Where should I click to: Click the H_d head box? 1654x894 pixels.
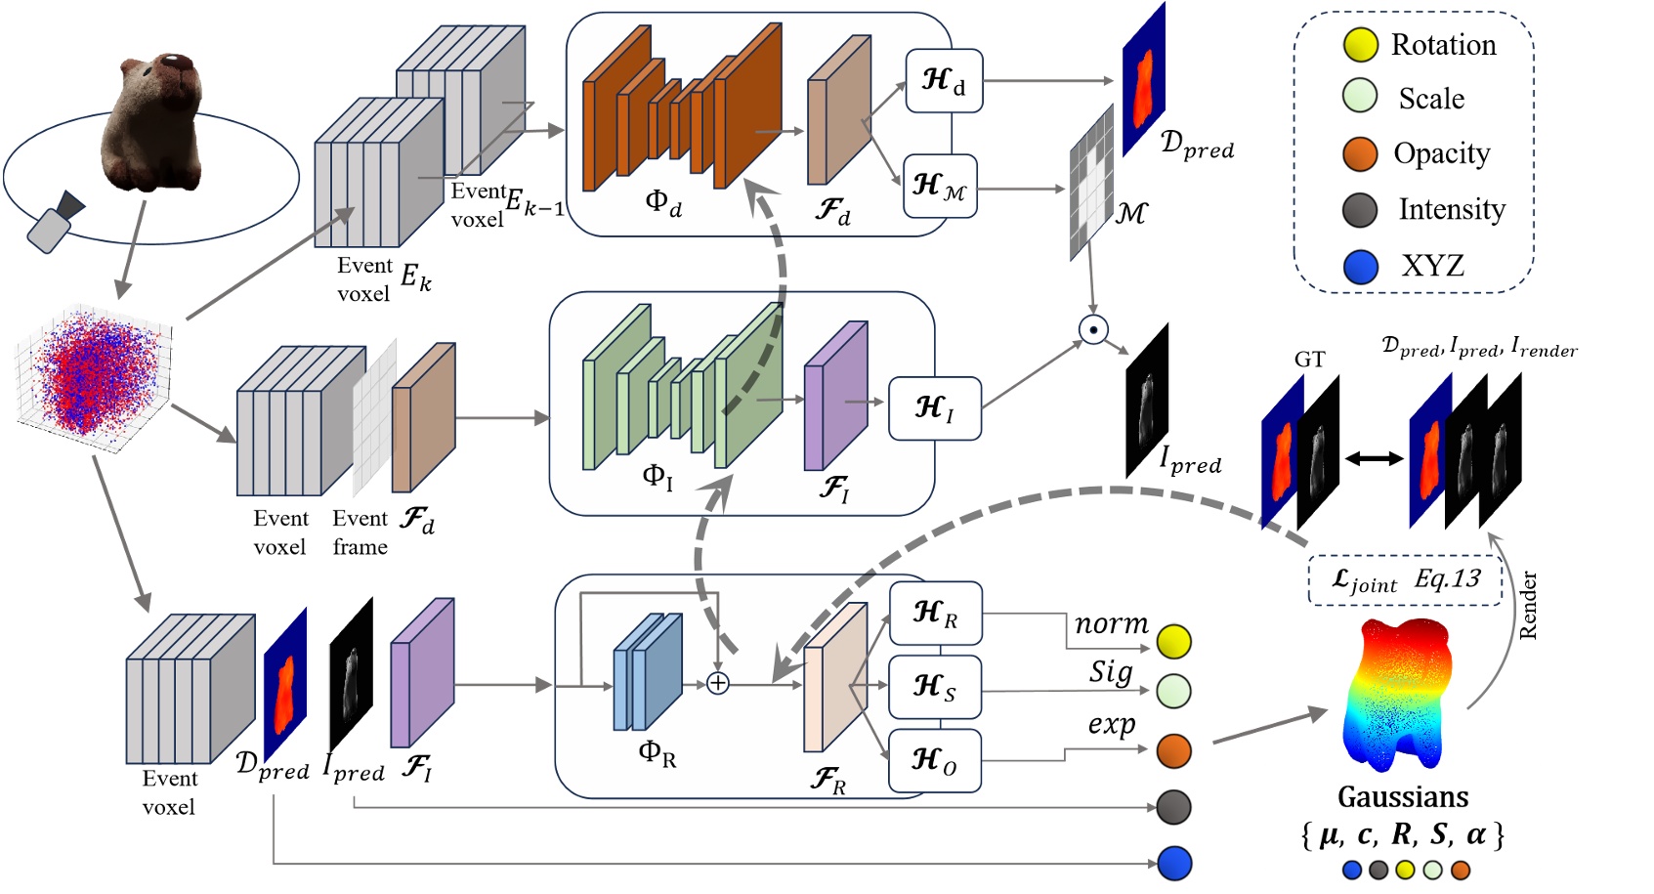943,80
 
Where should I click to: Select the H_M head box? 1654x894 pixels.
939,186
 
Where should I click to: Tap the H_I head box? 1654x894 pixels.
934,408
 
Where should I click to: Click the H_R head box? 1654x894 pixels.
934,614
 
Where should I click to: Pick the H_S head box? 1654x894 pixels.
934,687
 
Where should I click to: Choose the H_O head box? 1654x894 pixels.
934,760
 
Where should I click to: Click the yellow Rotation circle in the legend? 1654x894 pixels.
1360,44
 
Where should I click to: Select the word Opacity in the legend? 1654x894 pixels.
1441,153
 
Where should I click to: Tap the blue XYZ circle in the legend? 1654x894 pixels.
1360,266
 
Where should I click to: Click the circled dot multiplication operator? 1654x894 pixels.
1093,329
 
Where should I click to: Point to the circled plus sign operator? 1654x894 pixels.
718,684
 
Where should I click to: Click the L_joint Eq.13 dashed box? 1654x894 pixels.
1404,580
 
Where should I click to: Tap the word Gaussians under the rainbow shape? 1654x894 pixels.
1402,797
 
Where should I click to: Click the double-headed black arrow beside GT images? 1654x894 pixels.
1374,458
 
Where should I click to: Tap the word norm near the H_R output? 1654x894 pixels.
1111,623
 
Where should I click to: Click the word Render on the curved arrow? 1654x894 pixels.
1528,606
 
